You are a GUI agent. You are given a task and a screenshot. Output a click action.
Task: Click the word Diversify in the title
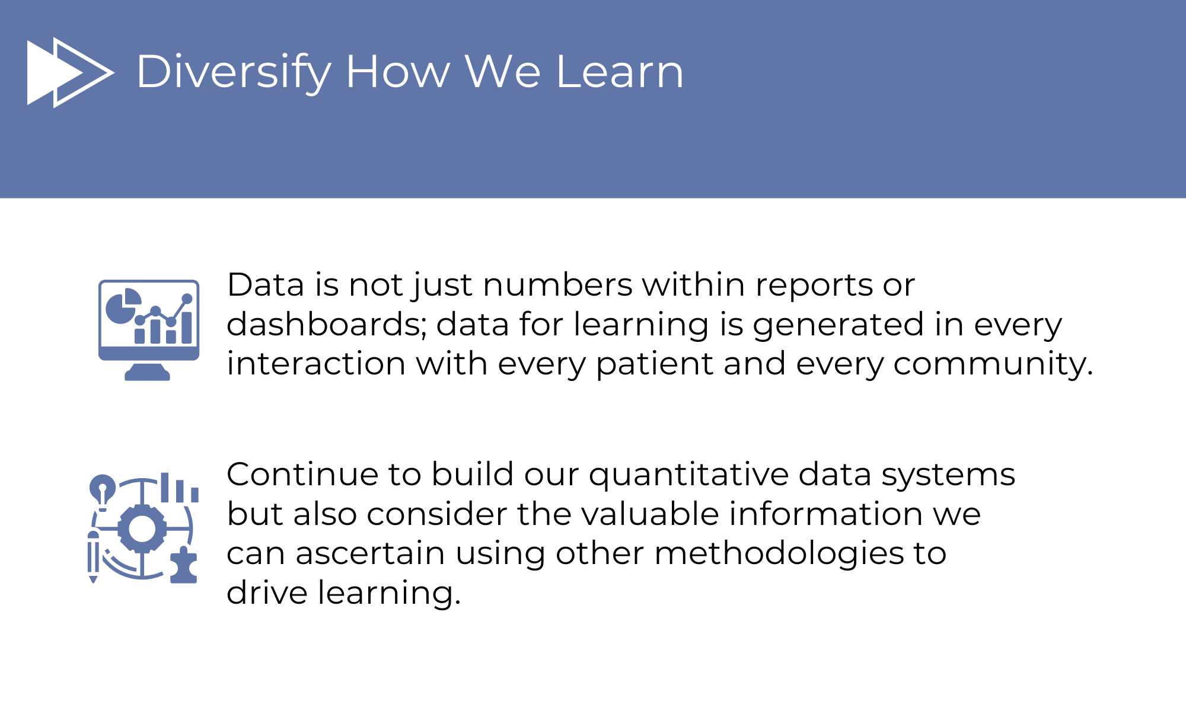pyautogui.click(x=234, y=72)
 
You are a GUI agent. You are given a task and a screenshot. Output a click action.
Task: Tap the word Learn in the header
pyautogui.click(x=620, y=72)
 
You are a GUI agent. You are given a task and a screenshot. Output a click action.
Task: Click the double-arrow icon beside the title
pyautogui.click(x=71, y=72)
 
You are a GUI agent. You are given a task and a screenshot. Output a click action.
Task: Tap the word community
pyautogui.click(x=993, y=364)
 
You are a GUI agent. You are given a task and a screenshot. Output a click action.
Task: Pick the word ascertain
pyautogui.click(x=371, y=554)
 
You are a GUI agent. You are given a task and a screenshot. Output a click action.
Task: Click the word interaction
pyautogui.click(x=316, y=364)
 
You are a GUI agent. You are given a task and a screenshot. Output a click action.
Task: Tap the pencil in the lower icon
pyautogui.click(x=93, y=556)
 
